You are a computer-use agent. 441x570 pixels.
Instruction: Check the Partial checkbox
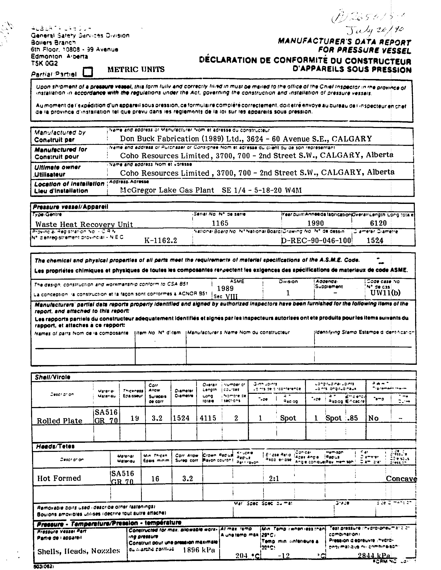[x=87, y=72]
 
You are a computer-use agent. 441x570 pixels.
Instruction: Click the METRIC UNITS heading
[x=136, y=69]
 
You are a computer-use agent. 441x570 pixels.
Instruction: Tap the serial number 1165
[x=220, y=223]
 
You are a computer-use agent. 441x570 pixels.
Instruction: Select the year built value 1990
[x=315, y=223]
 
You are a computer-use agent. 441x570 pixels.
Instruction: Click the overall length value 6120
[x=378, y=223]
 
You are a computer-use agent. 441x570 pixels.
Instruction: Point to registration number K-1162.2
[x=160, y=240]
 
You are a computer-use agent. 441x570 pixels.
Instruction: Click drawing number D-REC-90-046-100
[x=317, y=240]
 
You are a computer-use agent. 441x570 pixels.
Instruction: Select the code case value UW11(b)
[x=385, y=293]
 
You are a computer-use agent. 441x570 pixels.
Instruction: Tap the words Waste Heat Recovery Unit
[x=84, y=224]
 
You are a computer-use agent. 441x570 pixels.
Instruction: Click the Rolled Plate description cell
[x=60, y=421]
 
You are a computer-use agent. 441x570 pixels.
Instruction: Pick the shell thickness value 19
[x=135, y=418]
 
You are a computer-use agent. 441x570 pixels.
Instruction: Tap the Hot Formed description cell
[x=59, y=478]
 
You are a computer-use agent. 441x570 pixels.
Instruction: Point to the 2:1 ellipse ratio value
[x=274, y=478]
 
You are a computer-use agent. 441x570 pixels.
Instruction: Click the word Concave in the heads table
[x=401, y=479]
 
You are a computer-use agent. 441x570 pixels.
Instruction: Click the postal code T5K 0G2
[x=44, y=63]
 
